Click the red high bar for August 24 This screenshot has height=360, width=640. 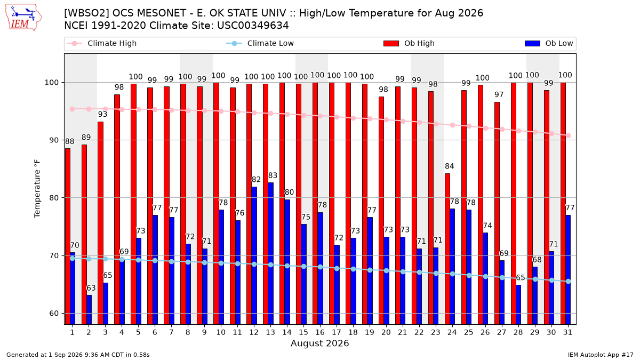447,249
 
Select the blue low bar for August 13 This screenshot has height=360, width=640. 270,253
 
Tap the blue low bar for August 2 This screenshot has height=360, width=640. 89,310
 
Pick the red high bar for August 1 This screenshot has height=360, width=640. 68,237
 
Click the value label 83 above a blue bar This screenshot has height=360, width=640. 273,175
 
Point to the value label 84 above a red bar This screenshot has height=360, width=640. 450,166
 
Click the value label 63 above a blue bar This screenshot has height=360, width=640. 91,288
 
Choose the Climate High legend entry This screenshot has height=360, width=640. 101,43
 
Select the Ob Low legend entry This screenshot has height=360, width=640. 549,43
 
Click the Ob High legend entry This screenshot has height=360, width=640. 409,43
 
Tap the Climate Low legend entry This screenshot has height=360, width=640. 260,43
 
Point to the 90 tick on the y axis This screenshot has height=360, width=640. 53,140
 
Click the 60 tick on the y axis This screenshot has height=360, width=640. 53,314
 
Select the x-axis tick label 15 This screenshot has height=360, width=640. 303,333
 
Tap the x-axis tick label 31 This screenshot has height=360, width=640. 567,333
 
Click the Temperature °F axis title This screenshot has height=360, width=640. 37,189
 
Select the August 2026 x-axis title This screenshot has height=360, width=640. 319,343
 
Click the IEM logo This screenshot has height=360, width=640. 23,18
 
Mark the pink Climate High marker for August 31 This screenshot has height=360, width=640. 569,135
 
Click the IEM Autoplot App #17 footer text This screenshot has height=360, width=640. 601,355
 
